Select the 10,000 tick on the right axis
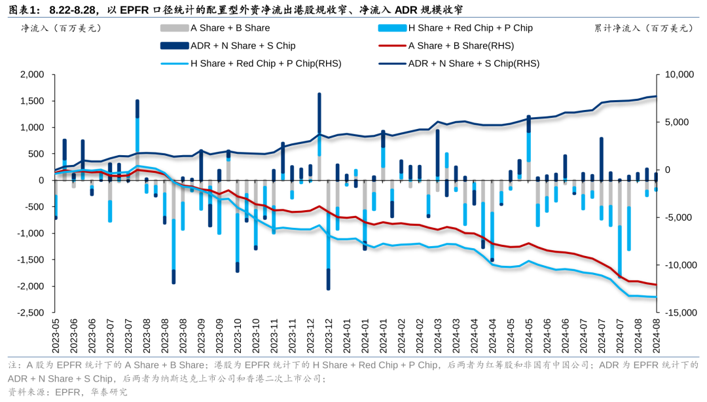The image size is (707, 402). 679,75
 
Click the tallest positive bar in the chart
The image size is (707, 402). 319,124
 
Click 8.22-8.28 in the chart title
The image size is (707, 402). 73,10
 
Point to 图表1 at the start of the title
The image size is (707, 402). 24,10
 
